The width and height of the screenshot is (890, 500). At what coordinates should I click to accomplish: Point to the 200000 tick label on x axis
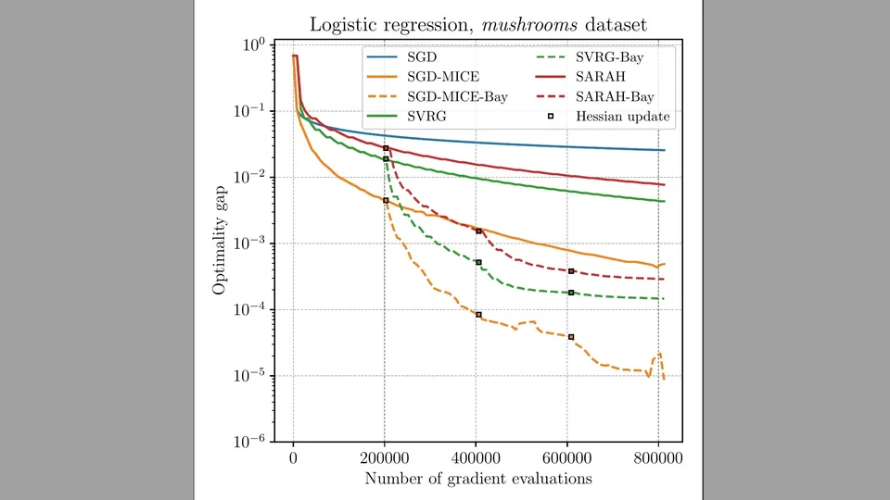[x=385, y=459]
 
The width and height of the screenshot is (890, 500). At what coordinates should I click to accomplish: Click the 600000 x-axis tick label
[x=567, y=459]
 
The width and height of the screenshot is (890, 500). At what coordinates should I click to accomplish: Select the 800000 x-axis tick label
[x=658, y=459]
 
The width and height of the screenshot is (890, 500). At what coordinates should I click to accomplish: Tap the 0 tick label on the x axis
[x=294, y=459]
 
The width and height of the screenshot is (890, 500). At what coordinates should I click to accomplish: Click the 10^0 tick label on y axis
[x=253, y=44]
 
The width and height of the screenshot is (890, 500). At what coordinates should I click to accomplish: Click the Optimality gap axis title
[x=220, y=243]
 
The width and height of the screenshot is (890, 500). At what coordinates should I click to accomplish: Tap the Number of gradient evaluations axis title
[x=478, y=479]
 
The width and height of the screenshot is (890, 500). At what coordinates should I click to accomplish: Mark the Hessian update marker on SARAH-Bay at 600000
[x=571, y=271]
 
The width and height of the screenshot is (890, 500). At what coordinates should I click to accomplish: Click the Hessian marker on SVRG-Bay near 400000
[x=479, y=262]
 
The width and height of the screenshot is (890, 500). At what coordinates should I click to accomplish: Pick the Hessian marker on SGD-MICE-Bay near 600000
[x=571, y=337]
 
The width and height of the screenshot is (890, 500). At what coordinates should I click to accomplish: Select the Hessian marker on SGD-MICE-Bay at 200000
[x=386, y=200]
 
